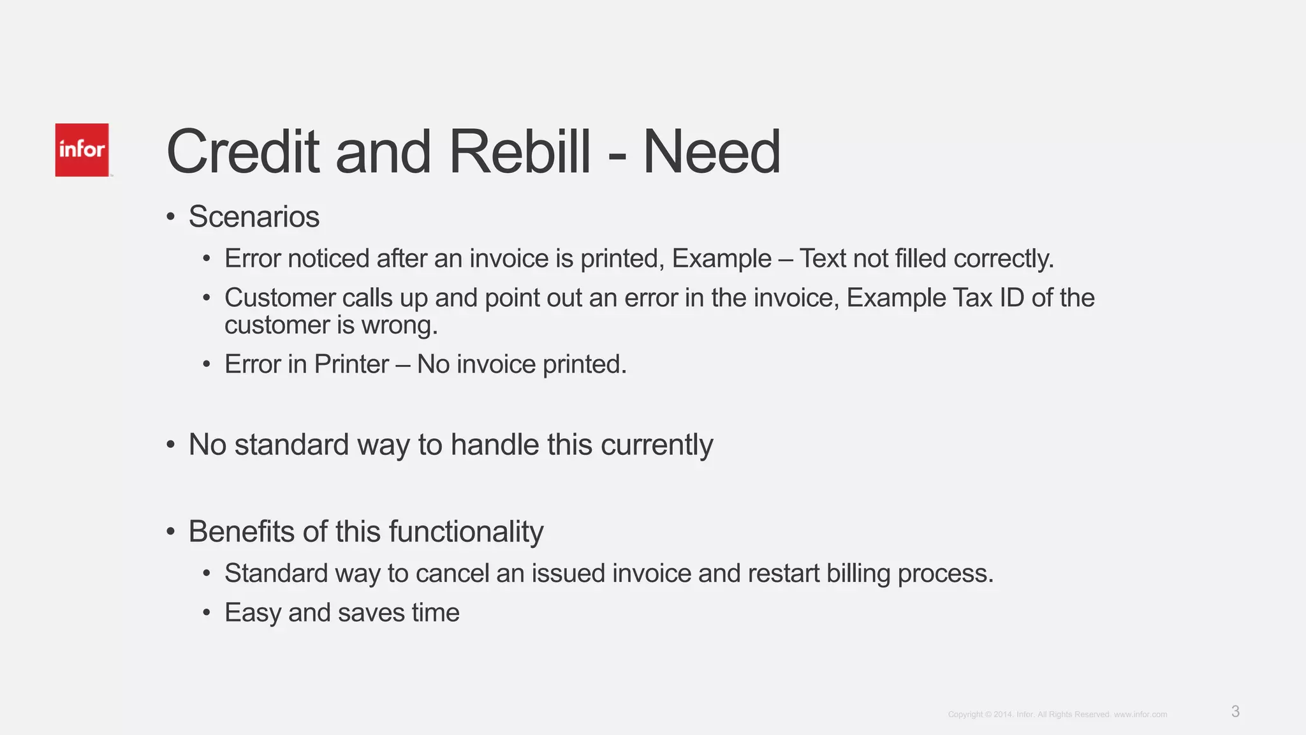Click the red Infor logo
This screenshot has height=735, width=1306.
click(x=82, y=150)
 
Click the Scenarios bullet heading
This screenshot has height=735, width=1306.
click(x=254, y=217)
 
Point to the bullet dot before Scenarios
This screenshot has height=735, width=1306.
click(x=170, y=217)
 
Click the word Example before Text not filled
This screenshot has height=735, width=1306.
click(x=721, y=259)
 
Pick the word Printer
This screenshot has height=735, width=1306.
click(x=351, y=364)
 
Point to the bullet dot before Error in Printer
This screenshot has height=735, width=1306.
click(x=206, y=365)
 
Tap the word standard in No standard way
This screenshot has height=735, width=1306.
click(x=291, y=445)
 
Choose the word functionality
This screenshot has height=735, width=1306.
click(x=466, y=532)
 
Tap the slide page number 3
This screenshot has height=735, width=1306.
click(x=1235, y=711)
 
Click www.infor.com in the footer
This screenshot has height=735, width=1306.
click(x=1140, y=715)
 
